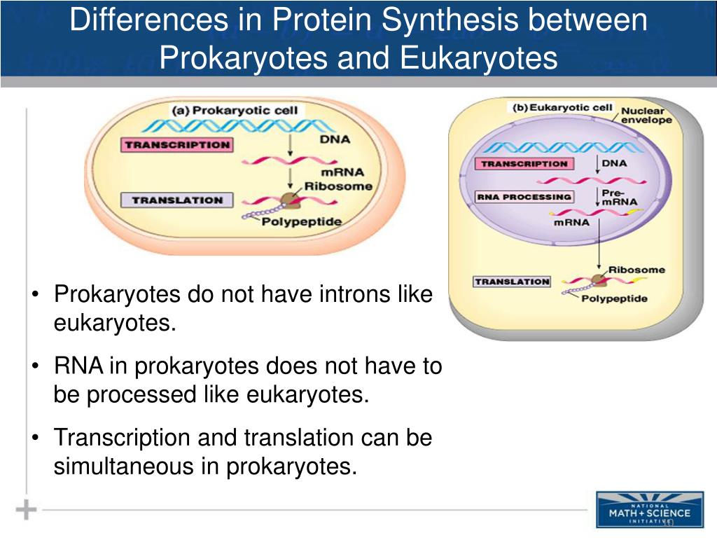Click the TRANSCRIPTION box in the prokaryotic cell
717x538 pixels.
(177, 145)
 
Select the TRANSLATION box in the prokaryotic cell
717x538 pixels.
(176, 200)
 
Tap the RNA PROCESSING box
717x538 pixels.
(524, 197)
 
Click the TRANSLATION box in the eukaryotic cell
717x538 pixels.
(512, 282)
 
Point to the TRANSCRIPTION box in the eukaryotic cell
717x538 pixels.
(524, 163)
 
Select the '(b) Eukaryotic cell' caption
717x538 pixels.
(562, 108)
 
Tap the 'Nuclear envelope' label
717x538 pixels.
(646, 115)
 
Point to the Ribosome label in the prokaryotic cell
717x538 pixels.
(338, 186)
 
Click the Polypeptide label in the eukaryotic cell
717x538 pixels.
(614, 298)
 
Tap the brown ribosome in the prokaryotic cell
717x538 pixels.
(289, 202)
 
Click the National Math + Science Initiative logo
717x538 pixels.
(649, 509)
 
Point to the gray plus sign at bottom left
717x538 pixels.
(26, 509)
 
